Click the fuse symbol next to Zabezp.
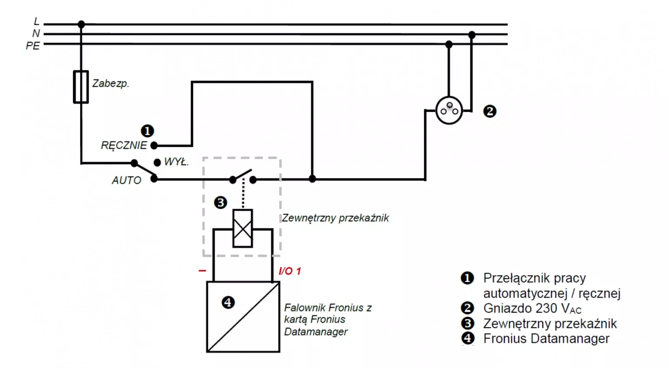pyautogui.click(x=81, y=87)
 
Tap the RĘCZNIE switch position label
pyautogui.click(x=124, y=145)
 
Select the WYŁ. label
pyautogui.click(x=176, y=162)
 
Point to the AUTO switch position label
pyautogui.click(x=126, y=180)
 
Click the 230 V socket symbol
pyautogui.click(x=449, y=110)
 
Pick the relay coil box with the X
pyautogui.click(x=243, y=228)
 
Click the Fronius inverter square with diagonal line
pyautogui.click(x=243, y=317)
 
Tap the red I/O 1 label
pyautogui.click(x=290, y=271)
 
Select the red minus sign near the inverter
pyautogui.click(x=202, y=271)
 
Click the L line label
pyautogui.click(x=37, y=21)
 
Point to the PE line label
pyautogui.click(x=33, y=46)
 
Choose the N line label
pyautogui.click(x=36, y=33)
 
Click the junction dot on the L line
pyautogui.click(x=81, y=24)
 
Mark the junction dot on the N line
pyautogui.click(x=472, y=34)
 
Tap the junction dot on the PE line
pyautogui.click(x=449, y=44)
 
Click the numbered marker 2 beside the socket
pyautogui.click(x=490, y=111)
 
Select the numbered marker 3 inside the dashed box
pyautogui.click(x=220, y=202)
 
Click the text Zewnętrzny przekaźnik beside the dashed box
pyautogui.click(x=335, y=218)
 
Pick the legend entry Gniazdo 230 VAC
pyautogui.click(x=532, y=308)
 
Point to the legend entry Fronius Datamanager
pyautogui.click(x=546, y=338)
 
